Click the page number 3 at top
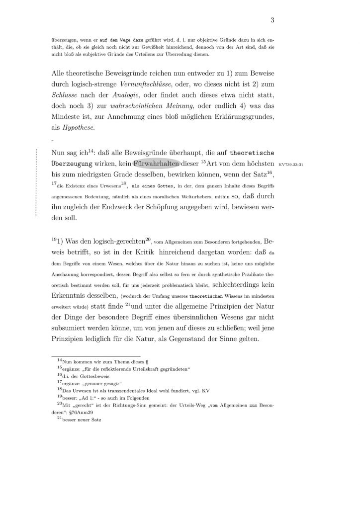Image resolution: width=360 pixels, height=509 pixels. (272, 20)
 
